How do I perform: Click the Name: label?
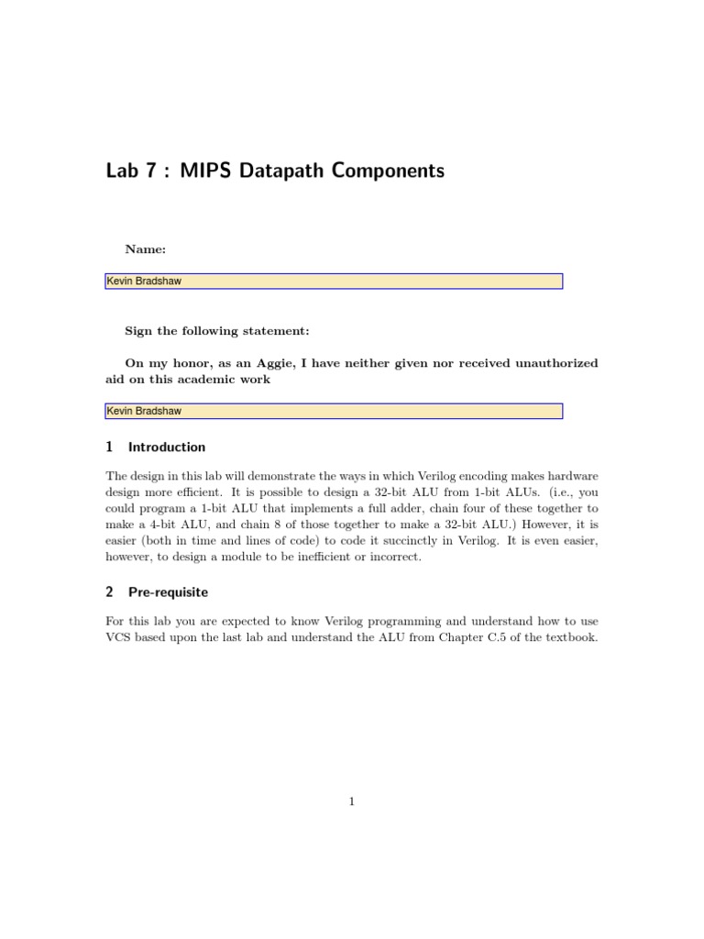click(146, 249)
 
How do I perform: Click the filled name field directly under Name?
click(334, 282)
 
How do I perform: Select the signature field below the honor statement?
click(334, 411)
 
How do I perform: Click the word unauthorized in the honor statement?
click(550, 363)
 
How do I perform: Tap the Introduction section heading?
click(167, 447)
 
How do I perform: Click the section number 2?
click(109, 592)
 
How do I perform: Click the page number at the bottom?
click(352, 801)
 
